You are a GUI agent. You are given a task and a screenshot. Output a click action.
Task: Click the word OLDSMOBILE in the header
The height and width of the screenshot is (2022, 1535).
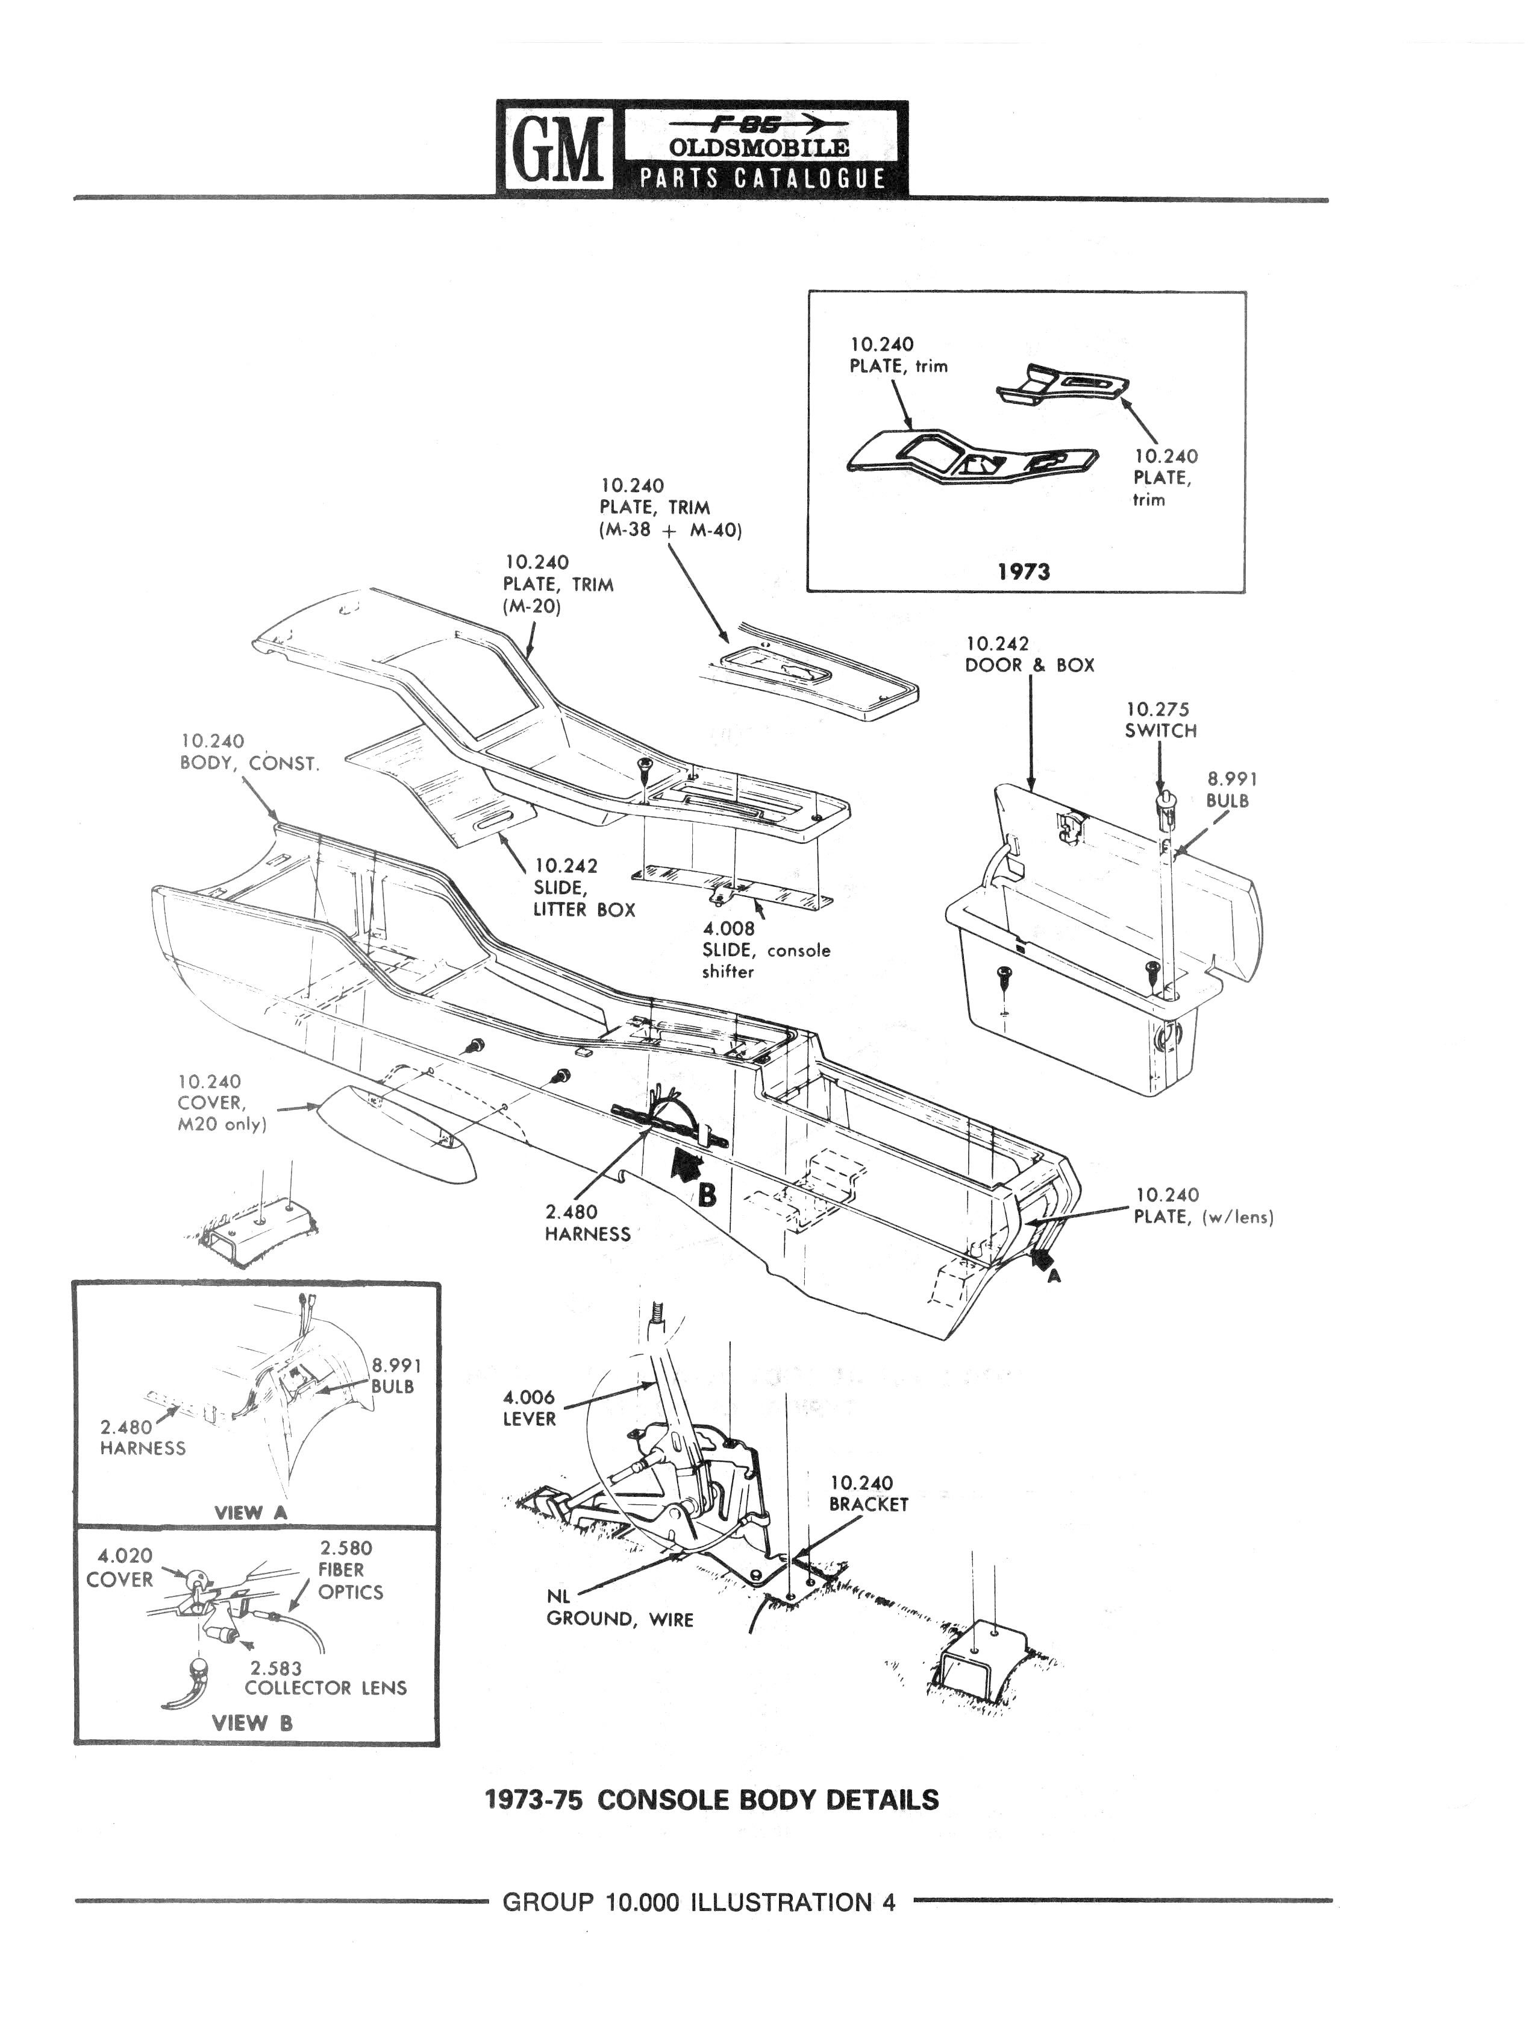tap(759, 147)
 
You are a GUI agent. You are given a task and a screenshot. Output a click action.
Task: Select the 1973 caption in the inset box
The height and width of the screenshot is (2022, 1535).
tap(1024, 572)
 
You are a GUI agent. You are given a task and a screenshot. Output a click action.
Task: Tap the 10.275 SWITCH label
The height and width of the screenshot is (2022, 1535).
tap(1160, 719)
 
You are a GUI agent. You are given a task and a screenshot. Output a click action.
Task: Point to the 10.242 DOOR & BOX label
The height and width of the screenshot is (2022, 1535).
tap(1029, 655)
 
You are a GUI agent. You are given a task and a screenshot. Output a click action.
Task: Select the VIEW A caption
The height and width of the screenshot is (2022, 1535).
tap(251, 1512)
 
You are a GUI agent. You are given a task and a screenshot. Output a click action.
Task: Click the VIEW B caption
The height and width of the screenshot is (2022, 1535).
tap(252, 1723)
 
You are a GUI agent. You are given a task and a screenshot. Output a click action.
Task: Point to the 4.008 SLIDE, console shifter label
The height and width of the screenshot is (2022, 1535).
tap(766, 950)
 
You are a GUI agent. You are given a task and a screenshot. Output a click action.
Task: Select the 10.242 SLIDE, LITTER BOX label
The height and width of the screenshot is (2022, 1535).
tap(584, 887)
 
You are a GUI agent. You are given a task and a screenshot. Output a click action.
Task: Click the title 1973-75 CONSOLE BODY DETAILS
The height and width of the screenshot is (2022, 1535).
tap(711, 1800)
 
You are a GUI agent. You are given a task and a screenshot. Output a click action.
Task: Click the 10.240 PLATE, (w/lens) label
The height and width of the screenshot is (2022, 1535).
tap(1203, 1206)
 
